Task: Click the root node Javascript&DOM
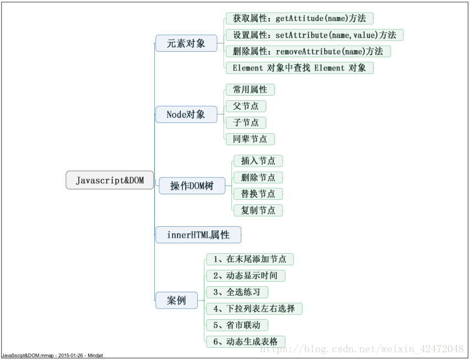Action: (110, 181)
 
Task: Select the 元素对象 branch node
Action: (186, 43)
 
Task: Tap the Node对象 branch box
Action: (186, 114)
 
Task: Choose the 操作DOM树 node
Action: (192, 186)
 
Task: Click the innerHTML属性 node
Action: (198, 235)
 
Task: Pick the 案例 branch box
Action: (176, 301)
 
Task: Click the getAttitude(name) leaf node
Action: (299, 18)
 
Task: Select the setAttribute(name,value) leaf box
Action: (314, 35)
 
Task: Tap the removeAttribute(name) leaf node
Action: (307, 51)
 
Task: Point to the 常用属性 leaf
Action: (250, 89)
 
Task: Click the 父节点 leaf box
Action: (246, 106)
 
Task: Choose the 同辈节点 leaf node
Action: (250, 139)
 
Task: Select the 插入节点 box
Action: (258, 161)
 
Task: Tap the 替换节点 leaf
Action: (258, 194)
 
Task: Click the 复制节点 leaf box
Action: (258, 210)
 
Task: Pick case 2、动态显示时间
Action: (245, 275)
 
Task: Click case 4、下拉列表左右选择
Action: (254, 308)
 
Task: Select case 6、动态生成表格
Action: (245, 341)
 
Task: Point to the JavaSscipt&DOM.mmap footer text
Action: (52, 356)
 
